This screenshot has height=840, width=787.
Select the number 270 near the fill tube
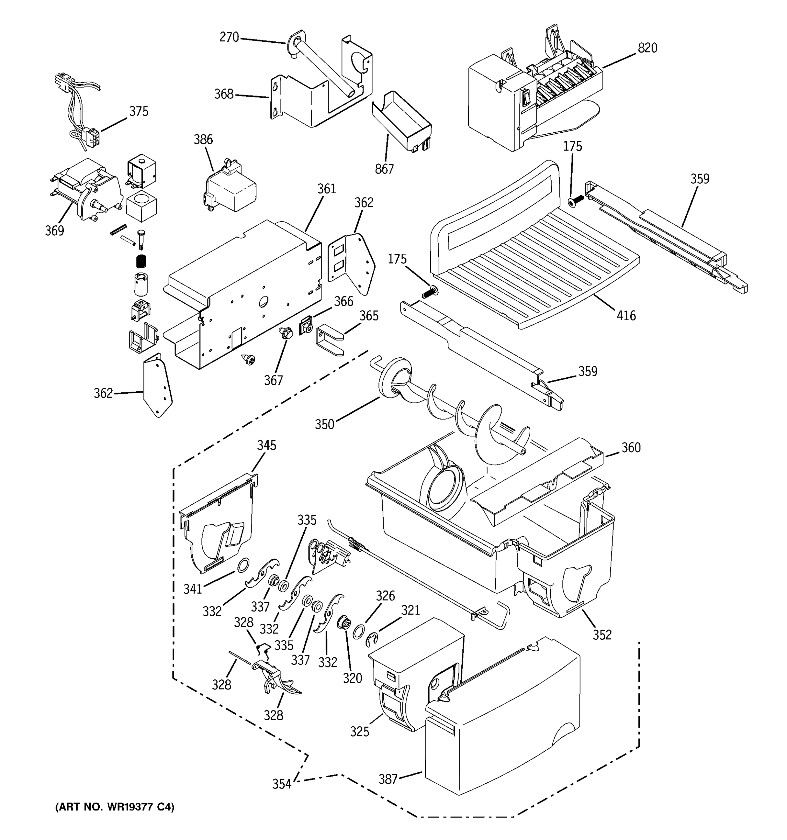click(x=229, y=37)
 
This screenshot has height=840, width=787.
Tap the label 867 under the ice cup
click(x=384, y=169)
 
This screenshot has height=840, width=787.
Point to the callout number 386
click(x=203, y=139)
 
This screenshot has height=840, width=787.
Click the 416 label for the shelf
click(x=626, y=315)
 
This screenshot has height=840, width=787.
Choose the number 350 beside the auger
click(x=324, y=425)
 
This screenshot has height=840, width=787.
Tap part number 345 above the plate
click(x=267, y=445)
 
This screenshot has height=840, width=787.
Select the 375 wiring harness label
click(x=139, y=112)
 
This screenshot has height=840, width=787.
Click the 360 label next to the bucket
click(x=631, y=447)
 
